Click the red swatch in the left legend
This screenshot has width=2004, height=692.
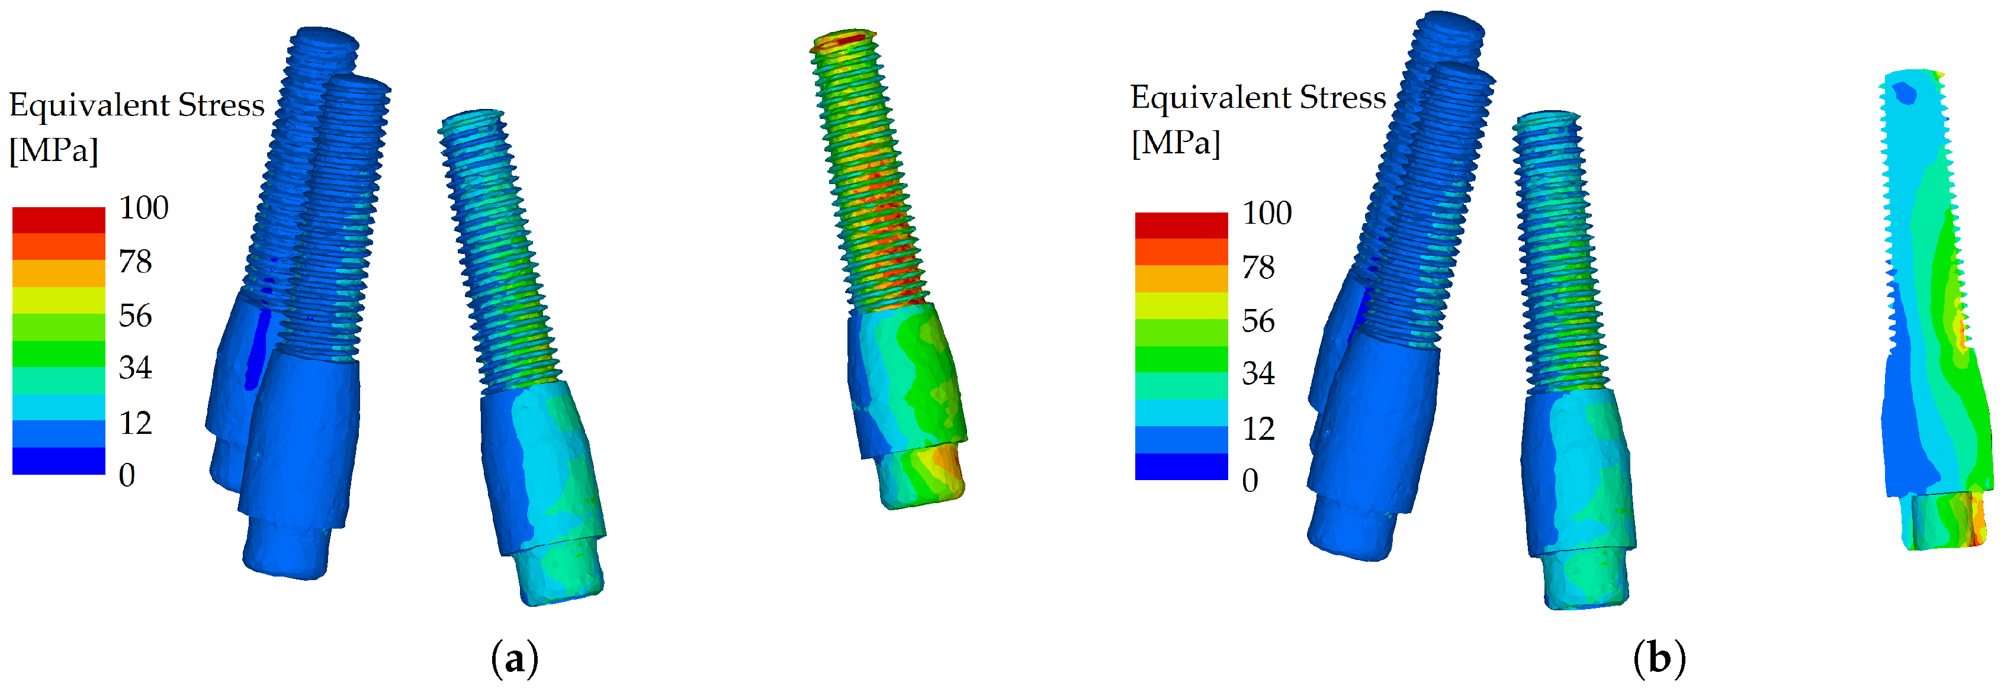tap(59, 220)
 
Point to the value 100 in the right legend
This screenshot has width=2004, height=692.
tap(1267, 213)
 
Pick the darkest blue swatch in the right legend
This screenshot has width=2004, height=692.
tap(1181, 466)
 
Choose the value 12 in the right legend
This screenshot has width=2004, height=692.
tap(1258, 429)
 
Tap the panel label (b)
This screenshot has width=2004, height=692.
tap(1659, 659)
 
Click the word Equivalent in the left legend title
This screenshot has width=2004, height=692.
tap(89, 105)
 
